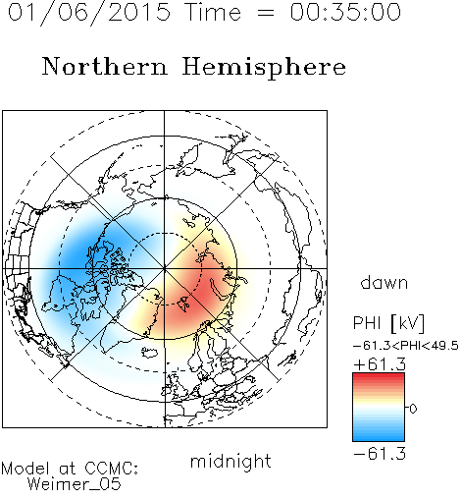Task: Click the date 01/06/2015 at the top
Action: (x=88, y=13)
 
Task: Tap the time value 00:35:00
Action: (x=345, y=12)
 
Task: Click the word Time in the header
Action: (x=213, y=12)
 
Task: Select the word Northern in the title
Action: (x=104, y=66)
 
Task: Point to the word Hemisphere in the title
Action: (x=264, y=67)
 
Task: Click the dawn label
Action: (x=384, y=282)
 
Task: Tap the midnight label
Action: (x=230, y=461)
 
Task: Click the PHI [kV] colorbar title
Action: (x=388, y=323)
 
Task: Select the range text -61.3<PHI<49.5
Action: (x=406, y=346)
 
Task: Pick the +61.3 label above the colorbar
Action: (x=380, y=364)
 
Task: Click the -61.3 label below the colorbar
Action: (x=380, y=454)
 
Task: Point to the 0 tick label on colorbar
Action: (x=413, y=409)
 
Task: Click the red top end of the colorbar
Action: (x=379, y=376)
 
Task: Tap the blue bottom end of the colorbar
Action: (x=379, y=437)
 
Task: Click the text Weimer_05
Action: (x=74, y=484)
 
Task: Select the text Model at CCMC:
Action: (x=70, y=469)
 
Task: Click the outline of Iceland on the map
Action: (x=150, y=353)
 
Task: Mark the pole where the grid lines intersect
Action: (x=165, y=268)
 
